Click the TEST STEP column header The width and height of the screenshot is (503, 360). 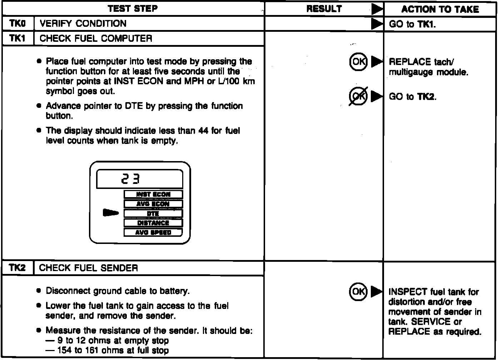133,9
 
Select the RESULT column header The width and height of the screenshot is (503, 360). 324,9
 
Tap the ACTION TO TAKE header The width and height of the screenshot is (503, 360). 440,9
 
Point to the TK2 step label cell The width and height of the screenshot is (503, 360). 18,268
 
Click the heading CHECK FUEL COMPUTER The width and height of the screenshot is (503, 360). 96,39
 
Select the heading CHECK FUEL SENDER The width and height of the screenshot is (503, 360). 88,268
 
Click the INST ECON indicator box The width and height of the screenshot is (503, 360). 153,195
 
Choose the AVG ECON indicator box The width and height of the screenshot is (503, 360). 153,204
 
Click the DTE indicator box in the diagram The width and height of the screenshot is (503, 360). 153,214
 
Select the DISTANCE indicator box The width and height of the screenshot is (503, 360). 153,223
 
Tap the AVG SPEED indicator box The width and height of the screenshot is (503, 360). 153,232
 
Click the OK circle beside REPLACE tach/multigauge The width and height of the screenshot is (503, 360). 358,62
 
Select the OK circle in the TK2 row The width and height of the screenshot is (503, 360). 358,292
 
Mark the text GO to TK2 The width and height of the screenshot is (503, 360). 413,97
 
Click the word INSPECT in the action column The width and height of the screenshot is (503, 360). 408,292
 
